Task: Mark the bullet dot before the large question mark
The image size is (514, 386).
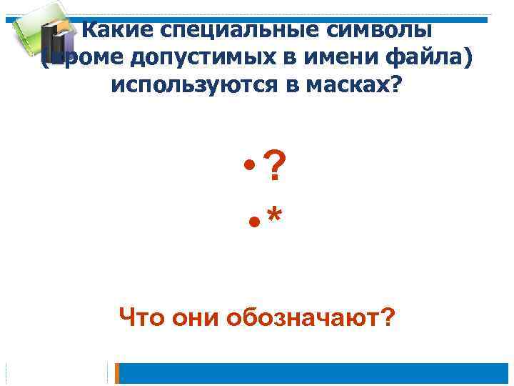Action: [x=250, y=167]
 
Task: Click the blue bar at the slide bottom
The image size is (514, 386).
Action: [x=314, y=373]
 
